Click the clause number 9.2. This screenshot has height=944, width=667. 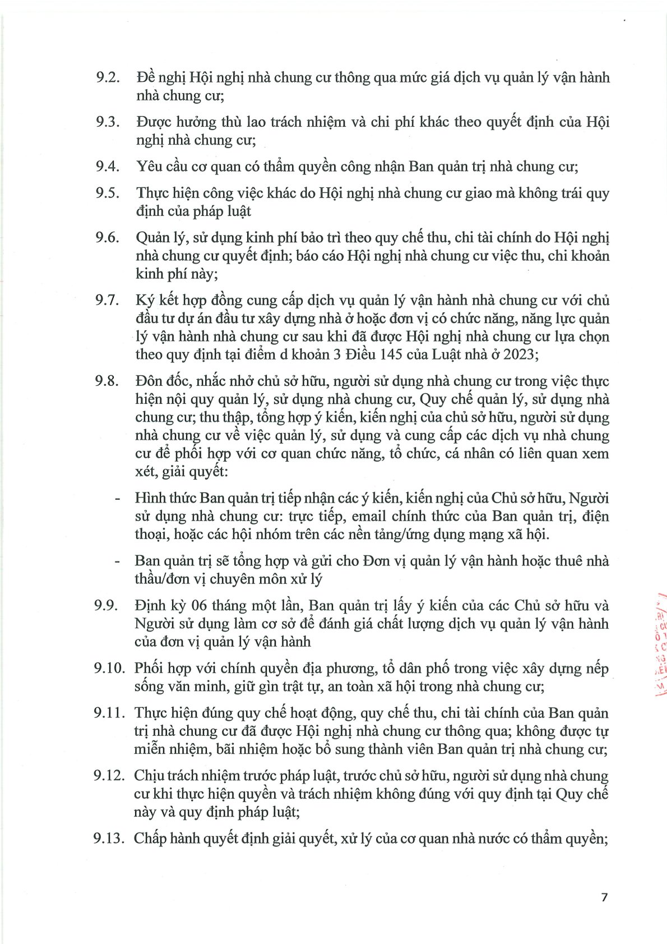click(x=108, y=77)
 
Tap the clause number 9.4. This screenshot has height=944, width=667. click(x=108, y=167)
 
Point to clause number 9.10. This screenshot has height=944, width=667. click(x=109, y=668)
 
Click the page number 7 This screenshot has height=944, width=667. click(x=604, y=897)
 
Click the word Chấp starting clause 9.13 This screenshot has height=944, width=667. click(x=150, y=839)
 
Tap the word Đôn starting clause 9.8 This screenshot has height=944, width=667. click(x=149, y=381)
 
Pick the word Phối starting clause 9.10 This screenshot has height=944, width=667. click(x=149, y=669)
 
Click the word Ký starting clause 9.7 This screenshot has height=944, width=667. click(x=145, y=301)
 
